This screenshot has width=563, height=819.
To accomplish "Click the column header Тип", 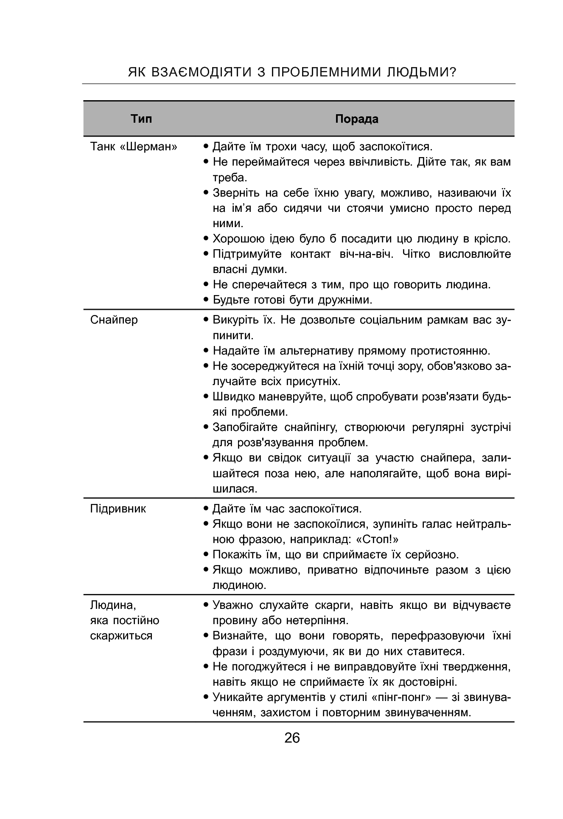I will pos(141,118).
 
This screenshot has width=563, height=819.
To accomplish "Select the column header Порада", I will pos(356,119).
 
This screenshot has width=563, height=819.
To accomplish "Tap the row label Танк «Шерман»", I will pos(134,147).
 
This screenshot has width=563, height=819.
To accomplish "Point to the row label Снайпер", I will pos(114,320).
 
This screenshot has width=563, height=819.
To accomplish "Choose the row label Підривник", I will pos(118,509).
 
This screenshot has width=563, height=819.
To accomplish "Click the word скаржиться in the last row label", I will pos(121,636).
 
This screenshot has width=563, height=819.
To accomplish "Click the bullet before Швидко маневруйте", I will pos(206,397).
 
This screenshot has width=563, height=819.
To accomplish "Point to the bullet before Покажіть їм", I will pos(206,554).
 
